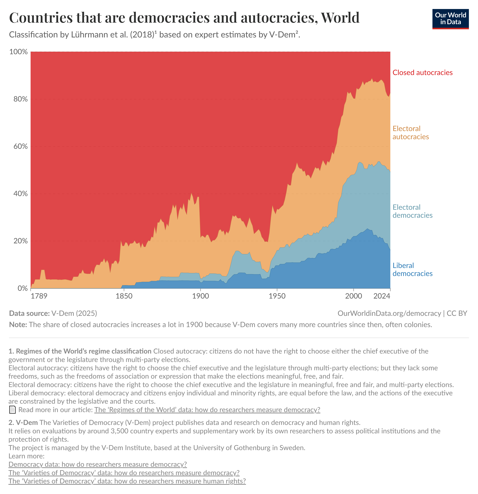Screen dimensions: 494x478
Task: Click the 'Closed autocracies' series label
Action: click(422, 73)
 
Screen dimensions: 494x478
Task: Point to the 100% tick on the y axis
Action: click(18, 52)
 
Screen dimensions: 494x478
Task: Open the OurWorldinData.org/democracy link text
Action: click(389, 313)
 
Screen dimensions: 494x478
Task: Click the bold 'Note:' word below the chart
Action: click(18, 325)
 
